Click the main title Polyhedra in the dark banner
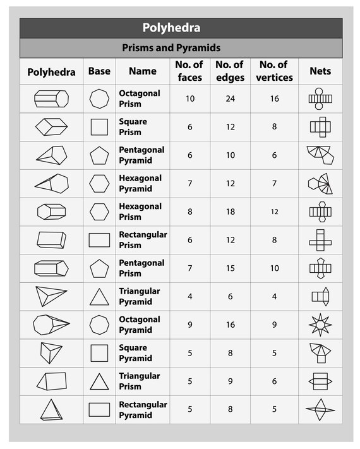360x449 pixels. pyautogui.click(x=180, y=28)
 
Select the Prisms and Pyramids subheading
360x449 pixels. pyautogui.click(x=180, y=48)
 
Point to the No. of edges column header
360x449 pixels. pyautogui.click(x=229, y=71)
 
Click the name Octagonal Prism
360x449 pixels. pyautogui.click(x=140, y=99)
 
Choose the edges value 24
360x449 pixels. pyautogui.click(x=229, y=99)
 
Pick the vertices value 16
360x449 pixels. pyautogui.click(x=275, y=99)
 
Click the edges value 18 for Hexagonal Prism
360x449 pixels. pyautogui.click(x=229, y=212)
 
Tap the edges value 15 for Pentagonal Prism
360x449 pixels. pyautogui.click(x=229, y=268)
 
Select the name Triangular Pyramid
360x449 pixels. pyautogui.click(x=140, y=297)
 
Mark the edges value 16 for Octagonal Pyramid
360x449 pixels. pyautogui.click(x=229, y=325)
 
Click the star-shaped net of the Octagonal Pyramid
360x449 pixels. pyautogui.click(x=320, y=325)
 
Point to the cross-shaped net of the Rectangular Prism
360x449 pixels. pyautogui.click(x=320, y=240)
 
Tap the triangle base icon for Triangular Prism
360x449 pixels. pyautogui.click(x=99, y=381)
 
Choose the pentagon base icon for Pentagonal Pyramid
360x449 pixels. pyautogui.click(x=99, y=155)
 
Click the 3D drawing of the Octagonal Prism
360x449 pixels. pyautogui.click(x=51, y=99)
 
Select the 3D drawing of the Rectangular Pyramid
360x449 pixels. pyautogui.click(x=51, y=410)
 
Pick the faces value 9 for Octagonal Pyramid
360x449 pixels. pyautogui.click(x=190, y=325)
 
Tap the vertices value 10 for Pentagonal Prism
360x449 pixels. pyautogui.click(x=275, y=268)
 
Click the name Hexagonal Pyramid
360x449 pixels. pyautogui.click(x=140, y=184)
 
